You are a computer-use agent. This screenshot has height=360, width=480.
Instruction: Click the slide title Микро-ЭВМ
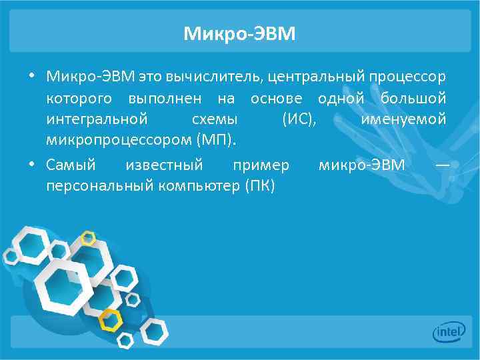point(239,33)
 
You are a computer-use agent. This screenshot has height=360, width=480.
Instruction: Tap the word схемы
point(214,120)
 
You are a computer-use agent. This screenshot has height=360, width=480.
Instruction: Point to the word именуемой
point(403,120)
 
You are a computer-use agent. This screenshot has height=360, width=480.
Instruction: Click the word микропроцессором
point(117,141)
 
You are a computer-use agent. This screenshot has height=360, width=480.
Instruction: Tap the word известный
point(164,164)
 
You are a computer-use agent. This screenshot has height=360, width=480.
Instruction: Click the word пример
point(261,164)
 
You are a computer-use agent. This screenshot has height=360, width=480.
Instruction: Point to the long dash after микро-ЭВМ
point(441,164)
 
